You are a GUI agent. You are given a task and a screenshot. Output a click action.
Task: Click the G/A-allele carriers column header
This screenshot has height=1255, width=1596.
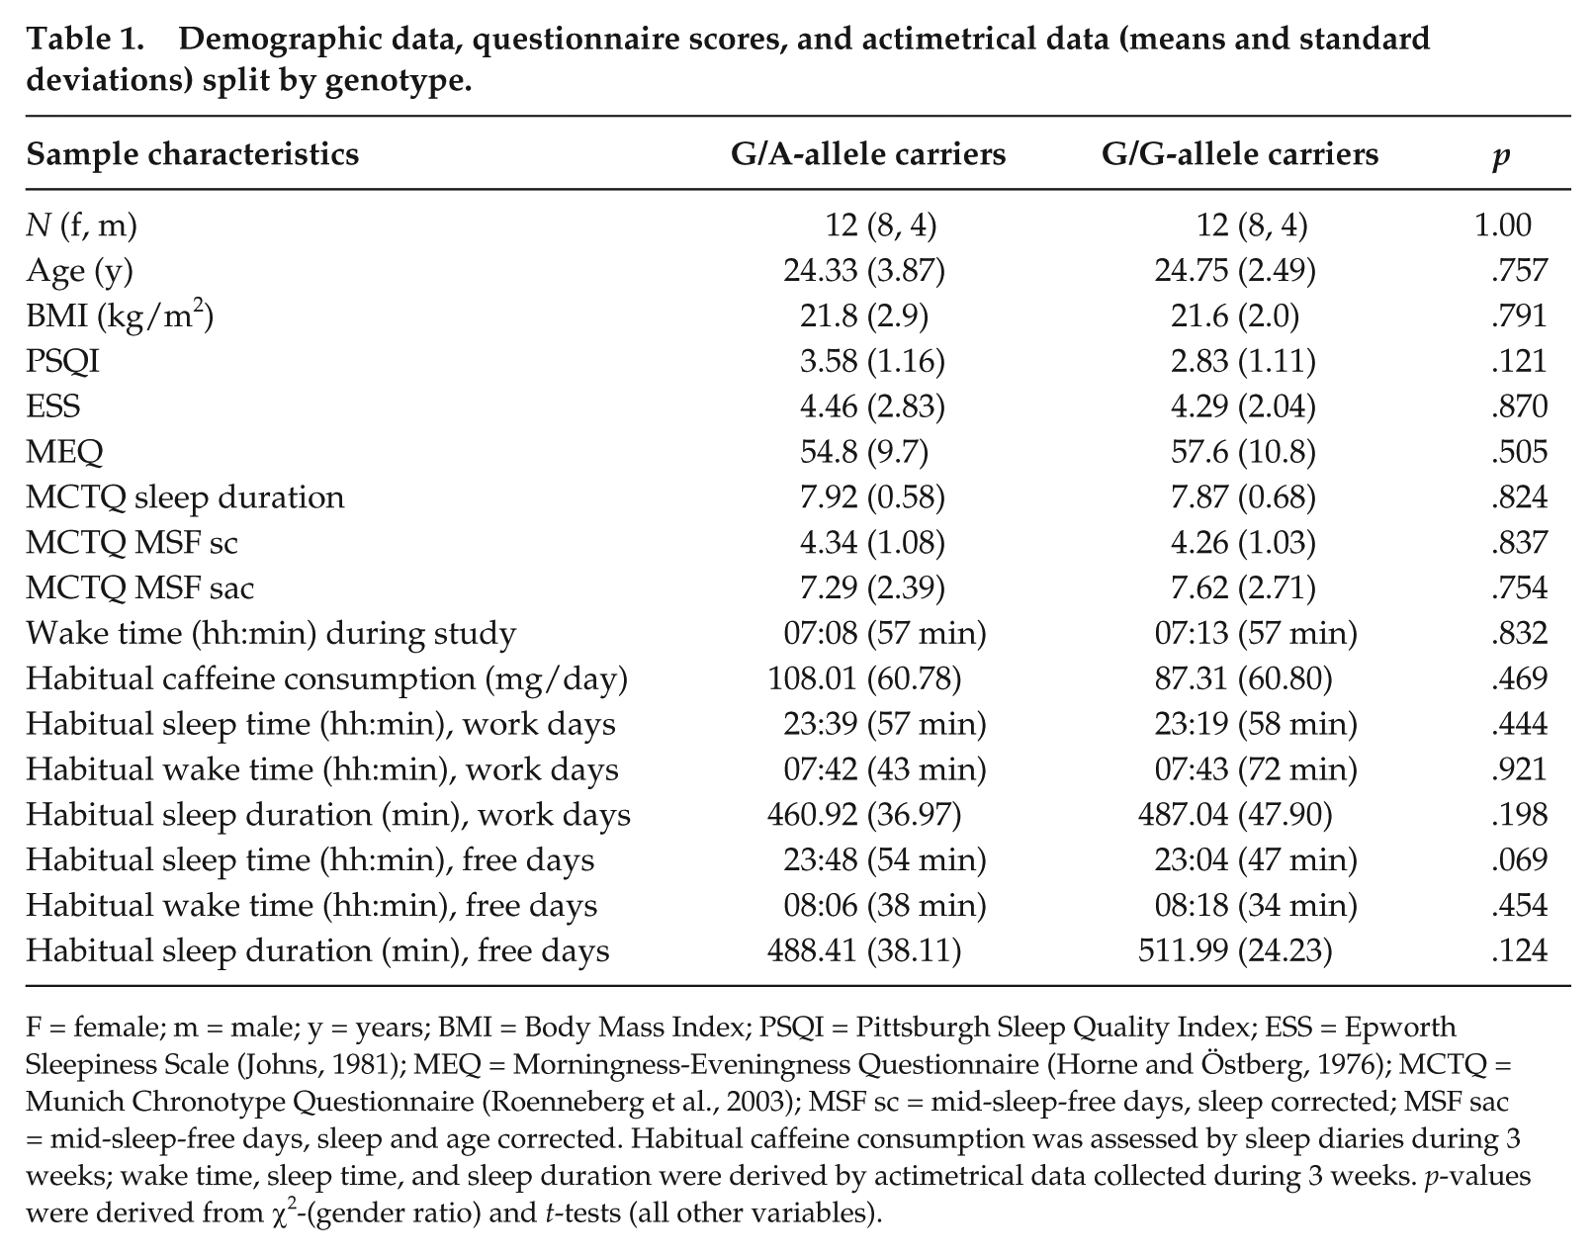click(x=868, y=154)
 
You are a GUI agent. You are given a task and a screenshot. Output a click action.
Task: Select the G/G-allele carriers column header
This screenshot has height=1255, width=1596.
click(x=1239, y=154)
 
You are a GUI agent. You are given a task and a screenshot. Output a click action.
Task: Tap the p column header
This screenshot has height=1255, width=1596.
click(x=1501, y=157)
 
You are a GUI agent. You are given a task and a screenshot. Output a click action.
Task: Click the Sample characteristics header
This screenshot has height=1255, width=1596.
click(x=192, y=154)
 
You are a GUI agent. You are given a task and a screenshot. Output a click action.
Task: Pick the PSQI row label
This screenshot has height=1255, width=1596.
click(x=63, y=361)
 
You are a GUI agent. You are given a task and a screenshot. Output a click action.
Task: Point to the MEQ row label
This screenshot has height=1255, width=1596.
click(x=64, y=452)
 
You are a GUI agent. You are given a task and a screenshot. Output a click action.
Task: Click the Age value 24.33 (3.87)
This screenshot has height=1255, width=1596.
click(x=864, y=271)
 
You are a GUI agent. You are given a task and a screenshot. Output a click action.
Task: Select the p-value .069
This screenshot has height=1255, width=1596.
click(x=1520, y=859)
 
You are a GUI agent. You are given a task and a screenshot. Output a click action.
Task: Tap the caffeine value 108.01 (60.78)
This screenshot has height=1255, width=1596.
click(x=864, y=678)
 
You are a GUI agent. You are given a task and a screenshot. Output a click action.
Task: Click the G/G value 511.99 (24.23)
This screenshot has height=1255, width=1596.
click(x=1235, y=951)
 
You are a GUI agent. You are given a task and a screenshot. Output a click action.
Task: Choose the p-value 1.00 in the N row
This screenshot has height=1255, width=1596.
click(x=1503, y=224)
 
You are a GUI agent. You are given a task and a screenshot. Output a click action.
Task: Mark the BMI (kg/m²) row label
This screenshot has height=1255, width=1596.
click(x=120, y=316)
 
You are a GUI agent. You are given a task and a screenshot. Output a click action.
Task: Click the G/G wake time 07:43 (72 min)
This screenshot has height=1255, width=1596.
click(x=1256, y=769)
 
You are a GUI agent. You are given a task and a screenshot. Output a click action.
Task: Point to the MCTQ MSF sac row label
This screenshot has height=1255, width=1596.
click(x=140, y=588)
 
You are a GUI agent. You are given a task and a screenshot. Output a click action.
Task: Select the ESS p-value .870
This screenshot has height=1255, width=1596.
click(x=1520, y=406)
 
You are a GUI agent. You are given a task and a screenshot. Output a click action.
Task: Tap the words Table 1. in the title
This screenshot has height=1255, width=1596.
click(x=85, y=39)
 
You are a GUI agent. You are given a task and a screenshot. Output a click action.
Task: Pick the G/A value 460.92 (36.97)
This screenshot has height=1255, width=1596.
click(x=864, y=815)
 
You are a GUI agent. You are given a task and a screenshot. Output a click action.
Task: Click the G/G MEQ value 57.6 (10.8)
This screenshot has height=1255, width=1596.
click(x=1243, y=452)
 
